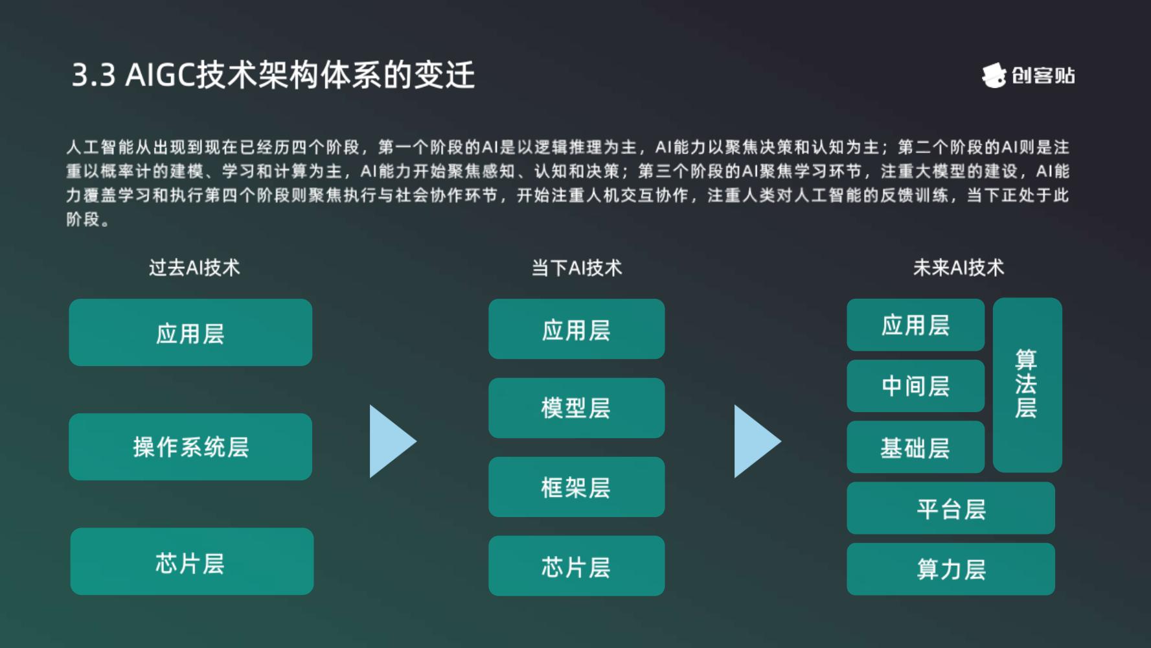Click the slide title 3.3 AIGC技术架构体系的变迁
tap(273, 75)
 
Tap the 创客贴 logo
tap(1028, 76)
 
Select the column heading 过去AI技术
tap(194, 268)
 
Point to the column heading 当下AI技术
tap(576, 268)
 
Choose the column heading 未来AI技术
tap(959, 268)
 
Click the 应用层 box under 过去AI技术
tap(190, 332)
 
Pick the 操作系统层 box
tap(190, 447)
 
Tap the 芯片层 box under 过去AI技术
tap(192, 561)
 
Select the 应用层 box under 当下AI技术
tap(576, 329)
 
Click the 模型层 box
tap(576, 408)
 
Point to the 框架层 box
tap(576, 487)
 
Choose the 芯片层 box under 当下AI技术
tap(576, 566)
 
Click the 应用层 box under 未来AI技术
tap(915, 325)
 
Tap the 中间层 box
tap(915, 386)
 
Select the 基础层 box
tap(915, 447)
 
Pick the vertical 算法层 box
tap(1027, 385)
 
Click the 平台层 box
tap(951, 508)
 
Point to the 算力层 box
tap(951, 569)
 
